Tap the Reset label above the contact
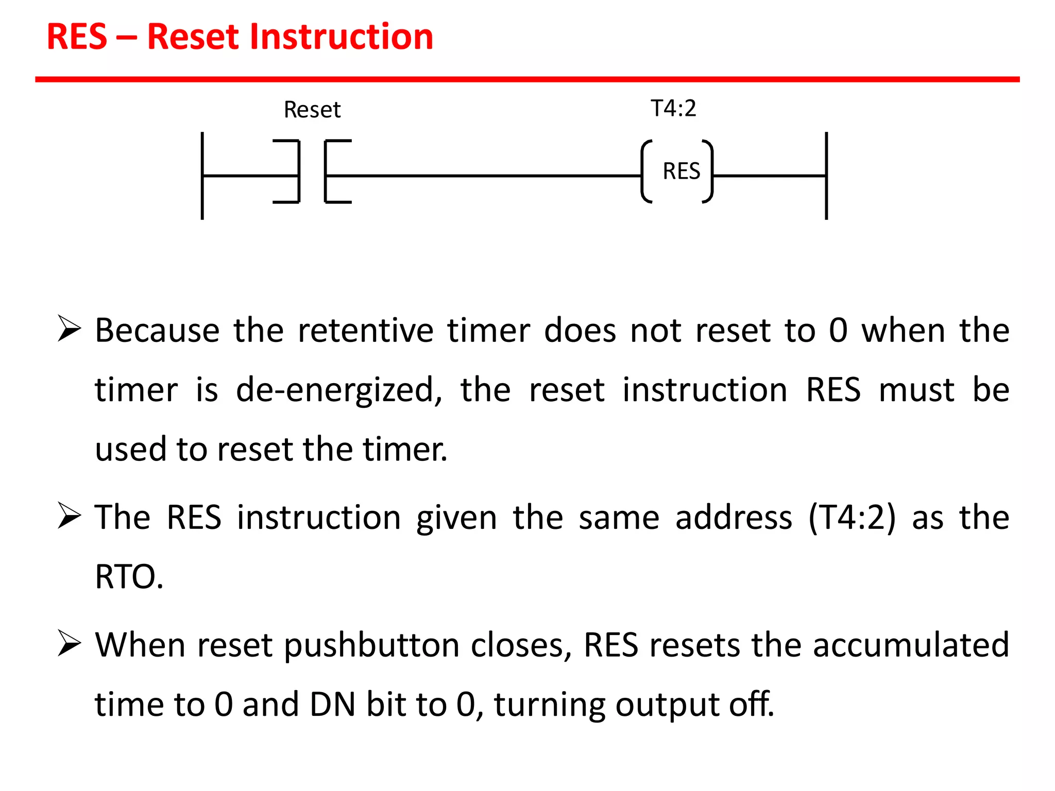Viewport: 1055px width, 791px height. coord(312,110)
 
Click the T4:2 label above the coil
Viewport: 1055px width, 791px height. coord(673,108)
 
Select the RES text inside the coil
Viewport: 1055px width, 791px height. coord(681,171)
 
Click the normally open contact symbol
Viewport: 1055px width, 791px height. coord(312,171)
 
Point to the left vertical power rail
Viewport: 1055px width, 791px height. coord(202,175)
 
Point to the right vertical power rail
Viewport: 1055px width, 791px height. coord(826,175)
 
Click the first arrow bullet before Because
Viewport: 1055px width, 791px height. coord(69,329)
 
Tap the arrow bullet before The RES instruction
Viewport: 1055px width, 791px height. coord(69,516)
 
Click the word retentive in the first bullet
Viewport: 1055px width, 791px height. coord(366,330)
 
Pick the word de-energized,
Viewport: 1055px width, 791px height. coord(339,390)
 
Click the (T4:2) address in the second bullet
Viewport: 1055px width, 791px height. coord(852,517)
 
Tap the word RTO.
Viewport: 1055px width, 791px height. coord(129,576)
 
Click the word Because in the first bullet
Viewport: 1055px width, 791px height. coord(157,330)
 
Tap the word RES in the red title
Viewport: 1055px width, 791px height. coord(77,37)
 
